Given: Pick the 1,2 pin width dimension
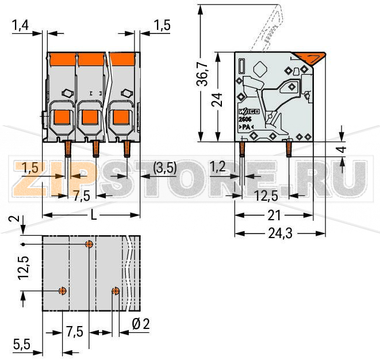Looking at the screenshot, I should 217,167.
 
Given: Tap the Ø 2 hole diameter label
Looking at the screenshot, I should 140,324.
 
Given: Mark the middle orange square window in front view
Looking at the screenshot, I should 89,118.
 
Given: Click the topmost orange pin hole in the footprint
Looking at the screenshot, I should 89,244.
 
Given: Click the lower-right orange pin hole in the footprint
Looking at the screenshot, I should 116,291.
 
